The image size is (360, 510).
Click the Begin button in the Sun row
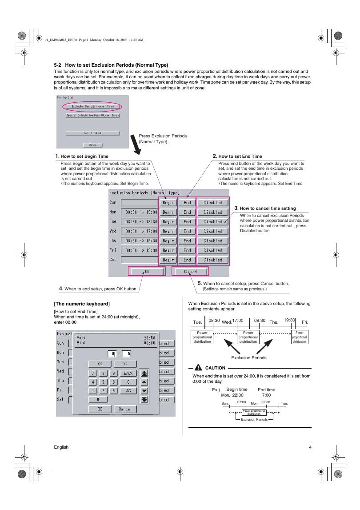[x=168, y=203]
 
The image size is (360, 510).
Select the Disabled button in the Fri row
[x=212, y=250]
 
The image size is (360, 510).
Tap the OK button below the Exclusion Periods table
[x=147, y=271]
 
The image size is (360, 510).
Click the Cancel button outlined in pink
[x=190, y=271]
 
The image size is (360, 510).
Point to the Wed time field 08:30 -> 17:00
[x=140, y=231]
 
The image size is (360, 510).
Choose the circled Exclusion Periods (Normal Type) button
[x=93, y=106]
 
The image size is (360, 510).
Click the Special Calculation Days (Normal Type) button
[x=93, y=116]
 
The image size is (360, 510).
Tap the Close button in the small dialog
[x=92, y=145]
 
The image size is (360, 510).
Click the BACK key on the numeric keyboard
[x=128, y=373]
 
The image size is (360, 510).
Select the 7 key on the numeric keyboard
[x=92, y=373]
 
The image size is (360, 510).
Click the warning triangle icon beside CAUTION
[x=198, y=368]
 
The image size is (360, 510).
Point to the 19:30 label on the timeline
[x=289, y=320]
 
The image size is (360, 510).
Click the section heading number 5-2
[x=58, y=65]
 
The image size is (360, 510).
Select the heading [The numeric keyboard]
[x=82, y=304]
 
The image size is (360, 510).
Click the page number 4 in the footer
[x=310, y=447]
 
